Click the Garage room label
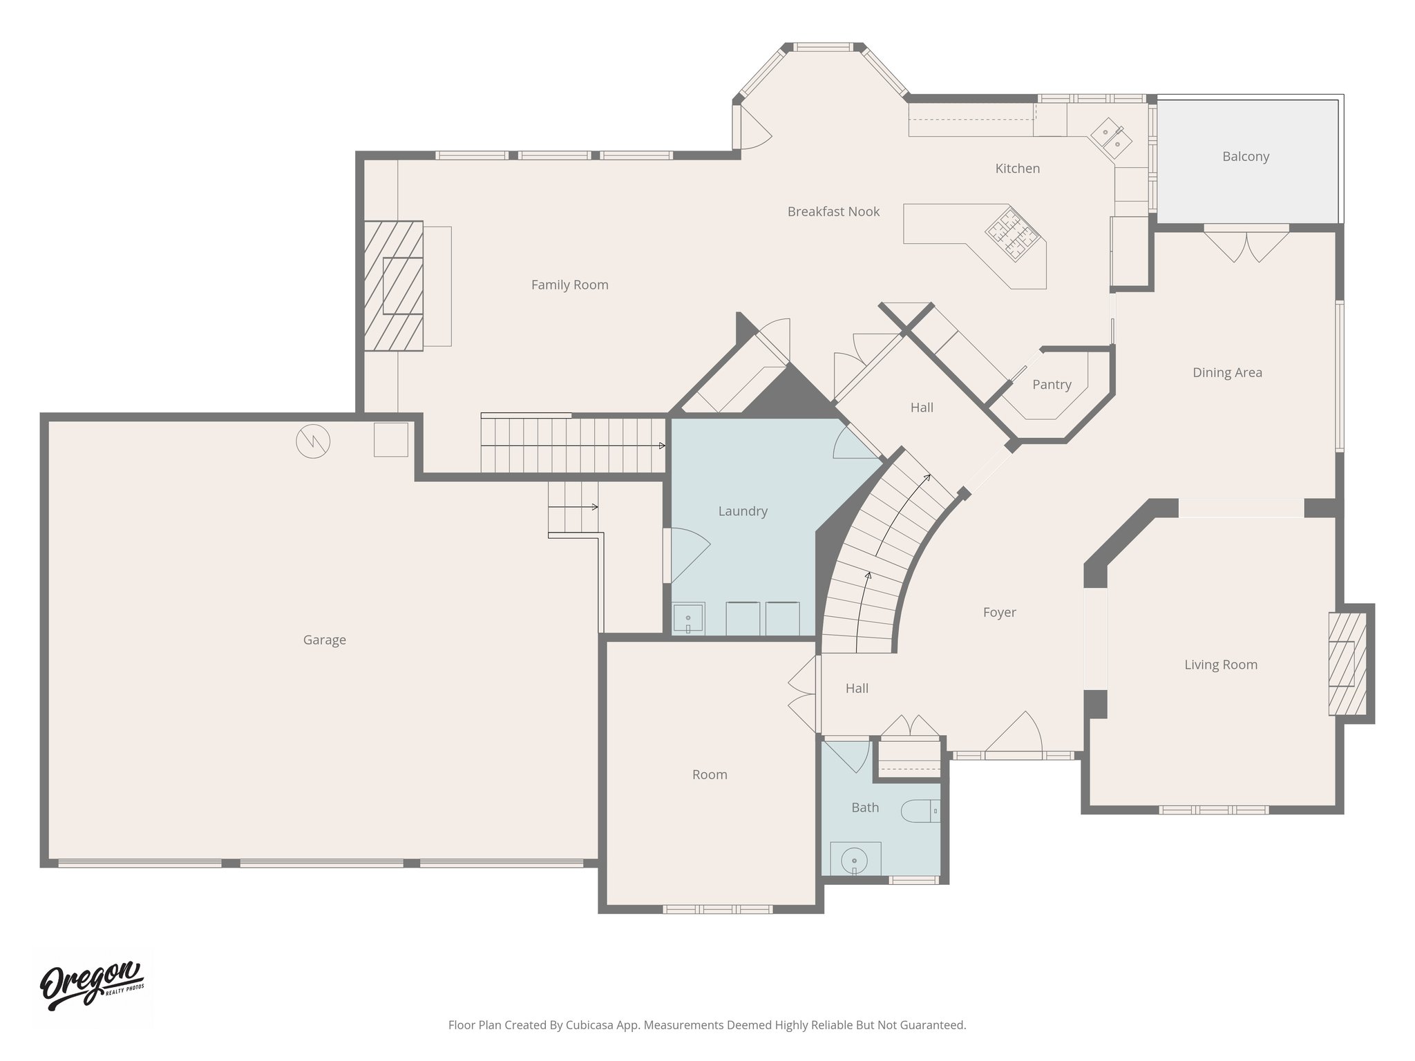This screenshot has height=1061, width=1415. [x=324, y=640]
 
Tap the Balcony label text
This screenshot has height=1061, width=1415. [x=1245, y=156]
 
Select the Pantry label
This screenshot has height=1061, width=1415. [x=1051, y=384]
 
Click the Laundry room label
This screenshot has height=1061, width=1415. [x=742, y=511]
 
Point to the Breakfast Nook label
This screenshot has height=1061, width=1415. [x=833, y=211]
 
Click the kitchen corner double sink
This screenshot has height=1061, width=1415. [x=1111, y=138]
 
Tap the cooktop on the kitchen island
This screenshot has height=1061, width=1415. [x=1012, y=234]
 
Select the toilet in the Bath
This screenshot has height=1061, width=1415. [x=920, y=811]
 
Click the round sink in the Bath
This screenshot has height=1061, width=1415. [x=855, y=861]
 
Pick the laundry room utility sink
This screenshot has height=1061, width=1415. [x=688, y=618]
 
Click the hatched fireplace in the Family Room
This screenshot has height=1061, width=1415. [x=393, y=285]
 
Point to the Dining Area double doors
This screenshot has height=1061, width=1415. [x=1246, y=245]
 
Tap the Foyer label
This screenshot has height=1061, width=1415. [x=998, y=612]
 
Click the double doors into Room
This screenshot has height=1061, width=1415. [x=804, y=694]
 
